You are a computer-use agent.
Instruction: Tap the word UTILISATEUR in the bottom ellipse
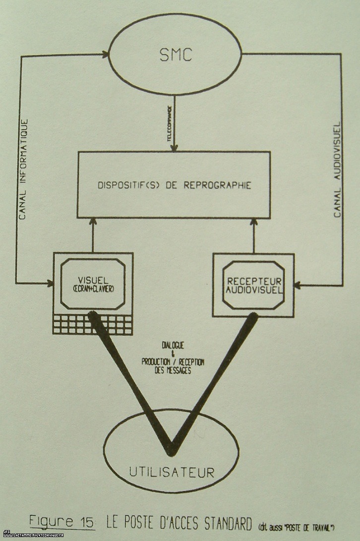click(x=172, y=471)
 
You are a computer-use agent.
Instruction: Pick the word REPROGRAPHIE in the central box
click(x=223, y=185)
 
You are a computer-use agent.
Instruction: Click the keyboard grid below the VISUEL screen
click(x=93, y=324)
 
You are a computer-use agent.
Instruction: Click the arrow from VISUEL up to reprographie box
click(x=93, y=236)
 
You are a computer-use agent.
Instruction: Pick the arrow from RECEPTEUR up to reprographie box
click(x=253, y=236)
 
